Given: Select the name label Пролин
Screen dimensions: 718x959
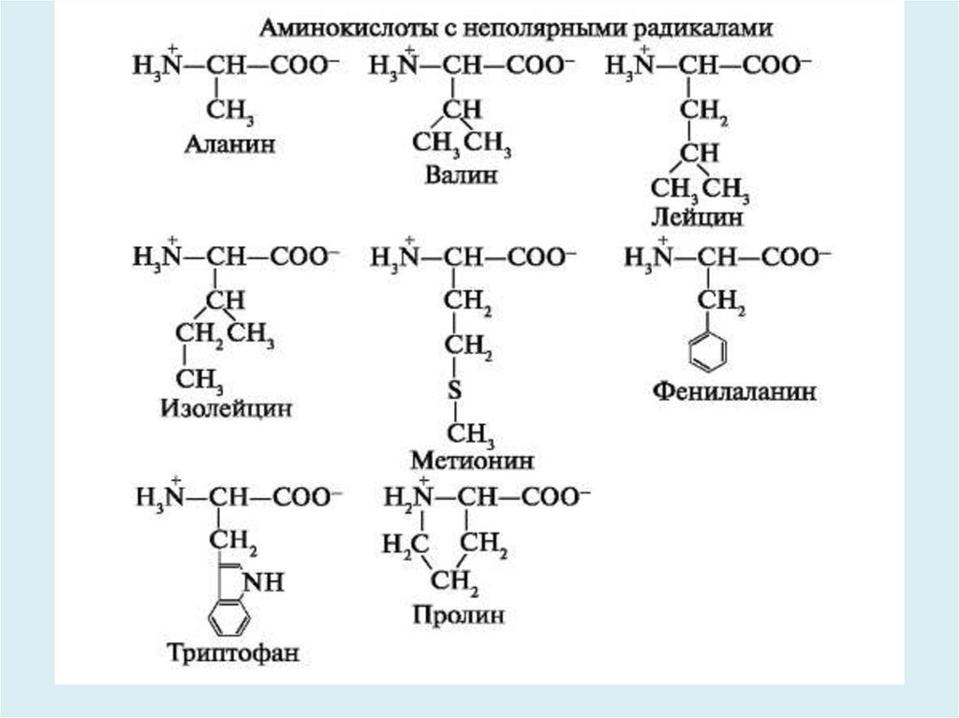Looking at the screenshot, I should [458, 616].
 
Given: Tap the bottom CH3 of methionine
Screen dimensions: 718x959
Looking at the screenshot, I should [468, 433].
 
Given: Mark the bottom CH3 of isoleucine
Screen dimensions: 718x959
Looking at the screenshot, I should [199, 380].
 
